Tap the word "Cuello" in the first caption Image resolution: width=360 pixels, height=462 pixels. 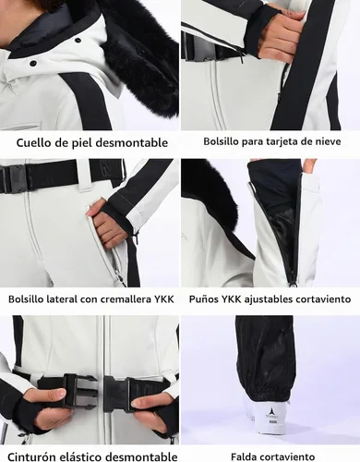click(x=30, y=142)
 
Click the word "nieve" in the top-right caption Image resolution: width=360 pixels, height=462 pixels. click(x=329, y=141)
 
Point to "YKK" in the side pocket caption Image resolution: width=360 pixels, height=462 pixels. click(x=164, y=299)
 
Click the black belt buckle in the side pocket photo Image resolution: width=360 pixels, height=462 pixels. click(x=13, y=178)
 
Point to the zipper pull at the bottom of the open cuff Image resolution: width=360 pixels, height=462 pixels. click(x=294, y=284)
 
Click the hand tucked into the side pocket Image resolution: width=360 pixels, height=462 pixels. click(x=105, y=225)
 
